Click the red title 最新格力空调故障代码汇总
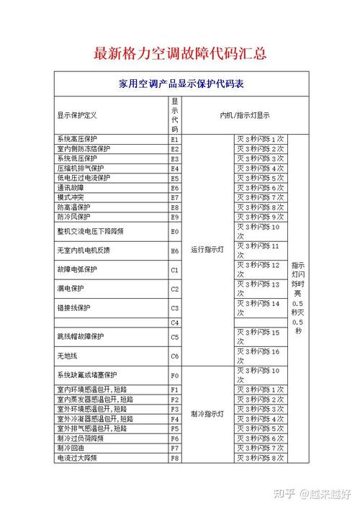(180, 54)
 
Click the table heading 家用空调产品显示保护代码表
(181, 84)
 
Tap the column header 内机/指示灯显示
(245, 115)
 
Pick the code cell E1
(174, 139)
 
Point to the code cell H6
(174, 251)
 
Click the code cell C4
(174, 323)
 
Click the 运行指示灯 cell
(207, 250)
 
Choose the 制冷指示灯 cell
(207, 414)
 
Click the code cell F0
(174, 375)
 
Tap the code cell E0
(174, 232)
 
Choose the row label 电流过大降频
(76, 457)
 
